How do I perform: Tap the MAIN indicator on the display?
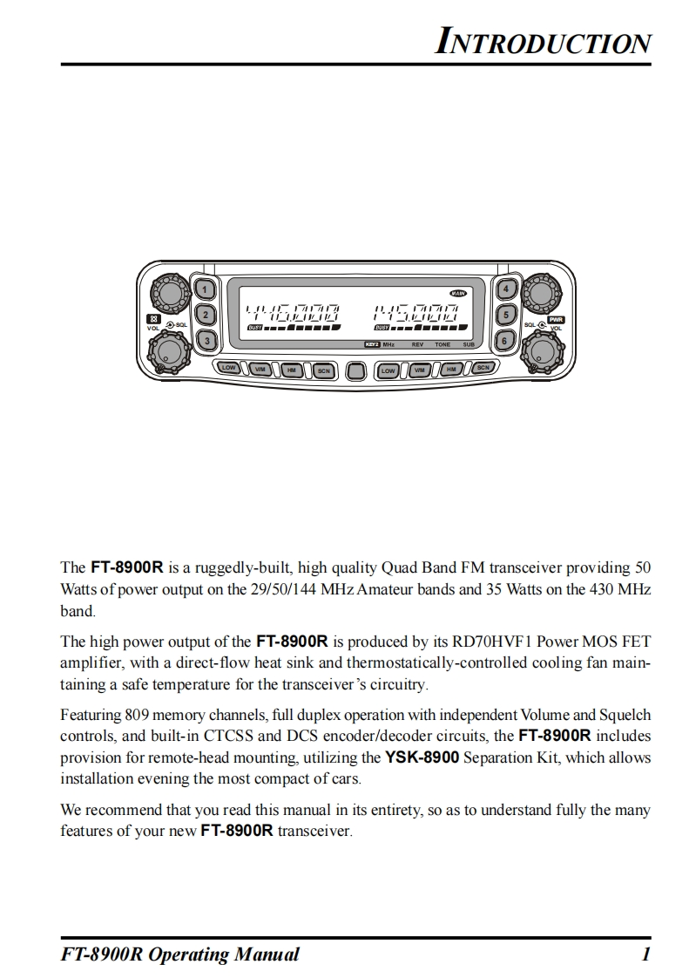(458, 293)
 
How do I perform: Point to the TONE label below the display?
(442, 345)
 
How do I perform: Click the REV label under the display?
(417, 345)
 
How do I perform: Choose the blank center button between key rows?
(355, 370)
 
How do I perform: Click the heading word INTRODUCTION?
(543, 43)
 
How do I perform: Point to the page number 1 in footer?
(645, 954)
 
